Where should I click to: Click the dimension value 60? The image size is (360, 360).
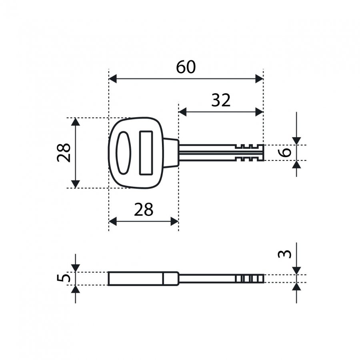[186, 67]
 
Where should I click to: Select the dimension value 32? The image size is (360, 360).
[221, 100]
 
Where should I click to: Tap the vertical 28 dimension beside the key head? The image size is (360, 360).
[64, 153]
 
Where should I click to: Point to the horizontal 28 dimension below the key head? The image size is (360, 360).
[144, 209]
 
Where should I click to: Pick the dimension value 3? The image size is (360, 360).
[285, 254]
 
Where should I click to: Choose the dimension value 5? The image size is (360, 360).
[64, 278]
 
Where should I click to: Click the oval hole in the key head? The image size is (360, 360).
[124, 153]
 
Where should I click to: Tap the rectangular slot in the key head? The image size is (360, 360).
[146, 153]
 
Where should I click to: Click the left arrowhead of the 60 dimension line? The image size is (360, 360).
[112, 79]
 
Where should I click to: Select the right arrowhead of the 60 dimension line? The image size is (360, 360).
[259, 79]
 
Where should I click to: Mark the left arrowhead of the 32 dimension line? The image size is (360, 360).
[182, 112]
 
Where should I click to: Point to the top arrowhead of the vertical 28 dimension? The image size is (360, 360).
[76, 122]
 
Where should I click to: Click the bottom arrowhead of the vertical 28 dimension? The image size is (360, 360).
[76, 184]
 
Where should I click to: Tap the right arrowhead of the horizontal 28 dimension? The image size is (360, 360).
[174, 222]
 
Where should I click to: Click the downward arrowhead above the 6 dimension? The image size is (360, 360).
[297, 141]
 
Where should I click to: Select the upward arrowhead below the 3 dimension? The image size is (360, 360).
[297, 286]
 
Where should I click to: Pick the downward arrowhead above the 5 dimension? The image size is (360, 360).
[76, 268]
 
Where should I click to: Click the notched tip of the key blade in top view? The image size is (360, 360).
[249, 153]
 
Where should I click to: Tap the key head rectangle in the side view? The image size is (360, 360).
[143, 278]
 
